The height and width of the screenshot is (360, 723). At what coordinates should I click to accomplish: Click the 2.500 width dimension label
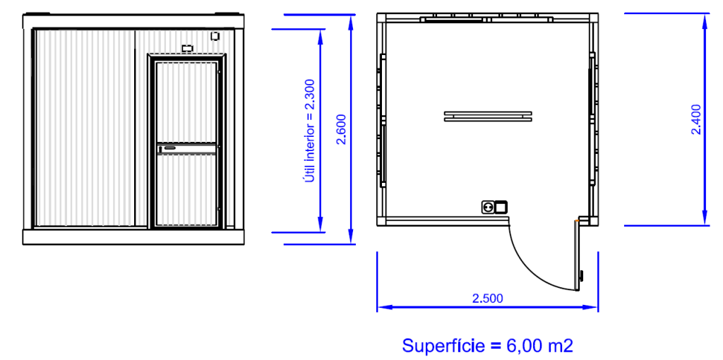[x=487, y=298]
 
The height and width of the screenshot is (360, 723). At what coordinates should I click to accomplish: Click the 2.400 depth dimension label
[x=696, y=119]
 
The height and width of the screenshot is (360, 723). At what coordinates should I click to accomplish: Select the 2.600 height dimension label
[x=341, y=129]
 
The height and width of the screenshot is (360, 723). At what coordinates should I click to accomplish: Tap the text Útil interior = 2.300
[x=310, y=131]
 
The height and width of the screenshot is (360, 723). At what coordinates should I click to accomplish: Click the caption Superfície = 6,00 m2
[x=489, y=345]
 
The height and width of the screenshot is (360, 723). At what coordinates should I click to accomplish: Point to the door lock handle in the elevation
[x=169, y=148]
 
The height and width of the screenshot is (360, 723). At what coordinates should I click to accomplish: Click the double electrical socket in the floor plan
[x=494, y=208]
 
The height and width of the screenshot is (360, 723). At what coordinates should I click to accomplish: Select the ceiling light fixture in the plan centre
[x=488, y=116]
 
